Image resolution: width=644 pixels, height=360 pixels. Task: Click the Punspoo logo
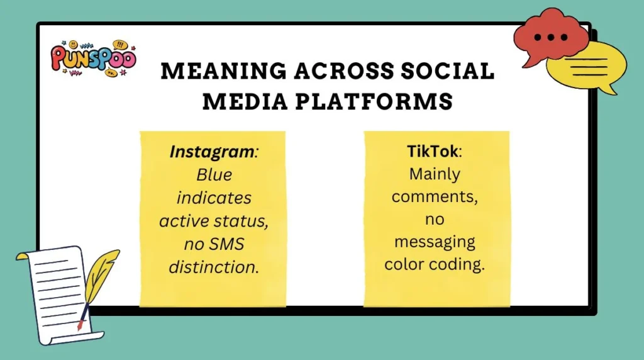point(92,58)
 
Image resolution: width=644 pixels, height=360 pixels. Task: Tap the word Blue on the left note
point(213,175)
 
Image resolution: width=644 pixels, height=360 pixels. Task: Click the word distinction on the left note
point(213,266)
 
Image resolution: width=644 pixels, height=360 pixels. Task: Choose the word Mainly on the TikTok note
point(435,174)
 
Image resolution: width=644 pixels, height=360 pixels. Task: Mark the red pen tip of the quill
point(79,325)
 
